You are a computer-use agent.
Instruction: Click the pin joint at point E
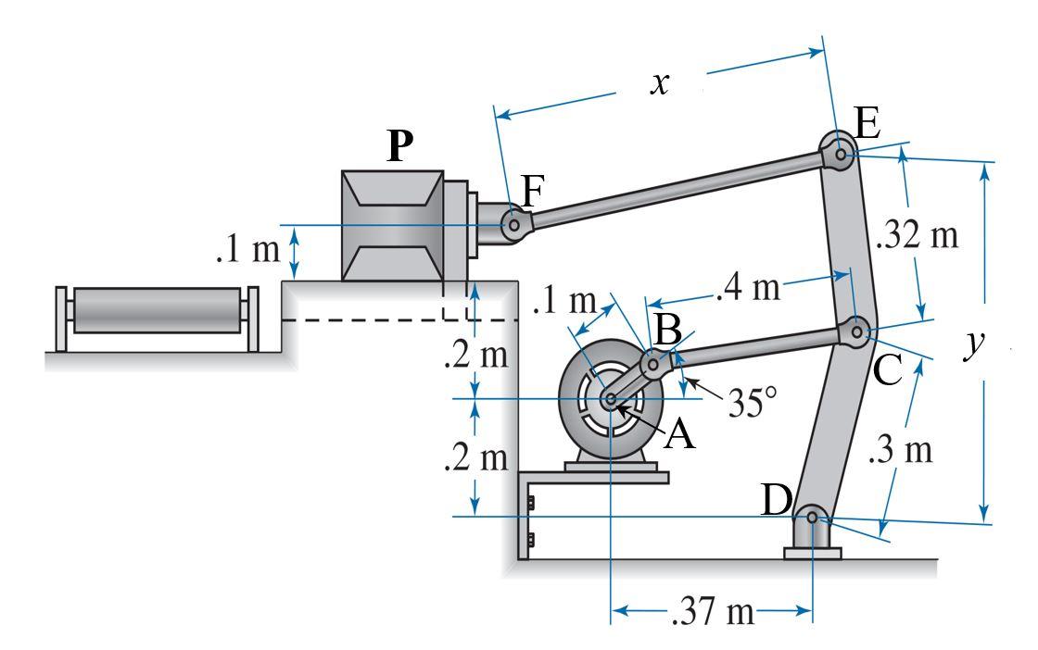[840, 154]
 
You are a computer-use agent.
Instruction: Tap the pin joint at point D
[812, 518]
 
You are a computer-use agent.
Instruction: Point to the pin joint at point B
[653, 365]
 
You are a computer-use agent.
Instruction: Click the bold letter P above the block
[399, 146]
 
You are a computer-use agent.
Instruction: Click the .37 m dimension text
[712, 612]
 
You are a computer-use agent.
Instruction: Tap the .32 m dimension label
[918, 235]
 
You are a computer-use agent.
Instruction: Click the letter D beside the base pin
[777, 501]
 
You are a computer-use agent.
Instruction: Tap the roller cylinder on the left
[156, 310]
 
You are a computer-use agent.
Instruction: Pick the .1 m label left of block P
[246, 252]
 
